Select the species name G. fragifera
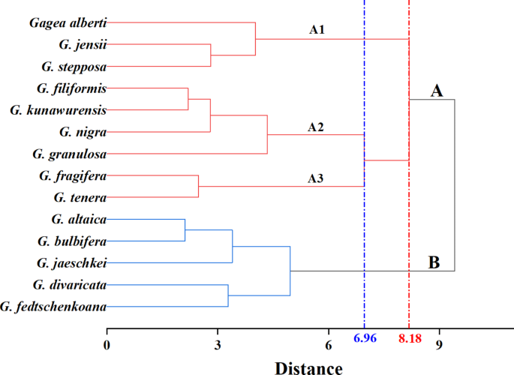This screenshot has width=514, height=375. point(72,175)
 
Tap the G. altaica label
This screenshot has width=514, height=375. point(79,219)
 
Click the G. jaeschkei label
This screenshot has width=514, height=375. point(71,263)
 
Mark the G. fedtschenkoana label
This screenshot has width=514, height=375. point(54,306)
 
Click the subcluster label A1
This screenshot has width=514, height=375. point(317,31)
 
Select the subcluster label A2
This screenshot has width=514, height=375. point(316,127)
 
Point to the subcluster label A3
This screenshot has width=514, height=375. point(316,178)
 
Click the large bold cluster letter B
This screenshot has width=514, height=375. point(434,262)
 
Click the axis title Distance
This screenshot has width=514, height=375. point(308,367)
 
